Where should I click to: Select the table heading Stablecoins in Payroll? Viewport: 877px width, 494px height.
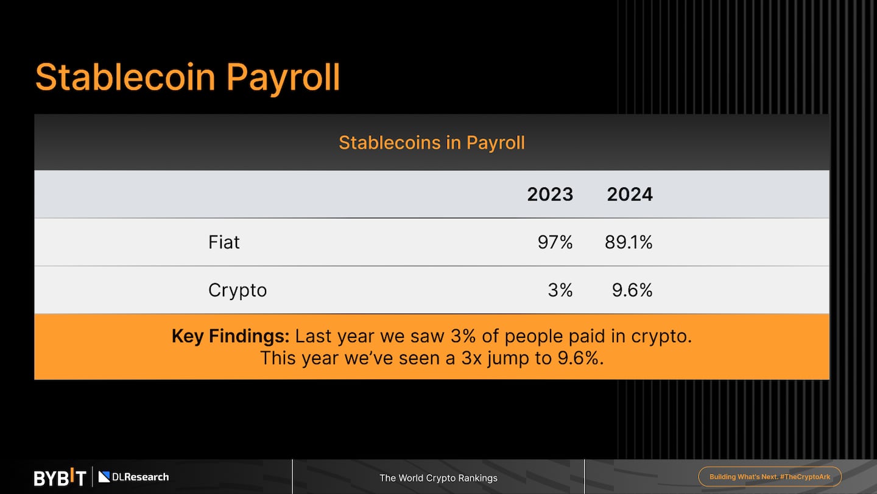tap(432, 143)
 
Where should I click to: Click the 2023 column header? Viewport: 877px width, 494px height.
tap(550, 195)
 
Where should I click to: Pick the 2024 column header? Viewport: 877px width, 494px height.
tap(630, 195)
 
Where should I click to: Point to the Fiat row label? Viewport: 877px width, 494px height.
tap(224, 242)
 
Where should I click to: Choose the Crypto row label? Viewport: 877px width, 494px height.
tap(238, 290)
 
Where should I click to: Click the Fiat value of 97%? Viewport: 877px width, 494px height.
tap(555, 242)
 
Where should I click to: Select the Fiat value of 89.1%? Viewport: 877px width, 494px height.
tap(629, 242)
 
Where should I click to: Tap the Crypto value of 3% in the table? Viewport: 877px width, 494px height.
tap(560, 290)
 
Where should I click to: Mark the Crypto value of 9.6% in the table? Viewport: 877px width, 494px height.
tap(632, 290)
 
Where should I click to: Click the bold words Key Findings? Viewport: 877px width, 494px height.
tap(230, 336)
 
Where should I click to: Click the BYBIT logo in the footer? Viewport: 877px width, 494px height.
tap(60, 478)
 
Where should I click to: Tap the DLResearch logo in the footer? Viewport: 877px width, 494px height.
tap(134, 477)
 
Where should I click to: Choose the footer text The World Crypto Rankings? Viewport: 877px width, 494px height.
tap(438, 478)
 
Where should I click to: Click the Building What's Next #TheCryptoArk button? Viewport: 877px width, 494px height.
tap(770, 477)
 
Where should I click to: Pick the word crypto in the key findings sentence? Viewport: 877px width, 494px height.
tap(661, 336)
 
